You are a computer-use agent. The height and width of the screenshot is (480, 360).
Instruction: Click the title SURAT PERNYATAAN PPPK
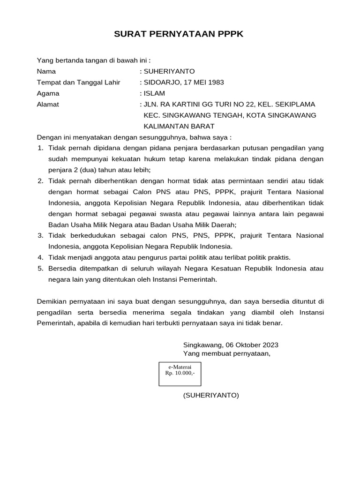(x=180, y=35)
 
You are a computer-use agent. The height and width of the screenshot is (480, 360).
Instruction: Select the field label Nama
(x=46, y=71)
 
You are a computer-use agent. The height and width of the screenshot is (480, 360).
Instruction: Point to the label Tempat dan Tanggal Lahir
(x=78, y=82)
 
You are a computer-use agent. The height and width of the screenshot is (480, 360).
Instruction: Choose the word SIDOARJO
(x=158, y=82)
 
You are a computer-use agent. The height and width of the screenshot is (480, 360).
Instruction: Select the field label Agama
(x=48, y=93)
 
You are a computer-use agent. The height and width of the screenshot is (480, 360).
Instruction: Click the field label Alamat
(x=48, y=104)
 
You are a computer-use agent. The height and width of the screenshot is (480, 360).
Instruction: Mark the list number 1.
(x=40, y=148)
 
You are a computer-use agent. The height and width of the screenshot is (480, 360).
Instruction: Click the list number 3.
(x=40, y=235)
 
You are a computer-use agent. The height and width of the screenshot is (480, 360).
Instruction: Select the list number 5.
(x=40, y=269)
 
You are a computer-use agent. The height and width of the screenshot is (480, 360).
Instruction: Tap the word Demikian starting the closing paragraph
(x=52, y=301)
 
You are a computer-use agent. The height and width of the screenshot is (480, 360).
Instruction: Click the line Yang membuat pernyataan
(x=227, y=353)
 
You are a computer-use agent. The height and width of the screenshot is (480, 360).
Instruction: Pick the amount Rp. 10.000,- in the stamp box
(x=180, y=373)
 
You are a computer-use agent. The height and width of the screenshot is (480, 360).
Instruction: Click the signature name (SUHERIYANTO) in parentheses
(x=211, y=395)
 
